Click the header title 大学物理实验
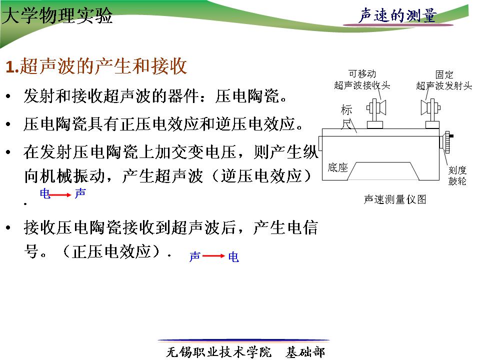click(x=57, y=15)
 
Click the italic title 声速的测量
click(x=398, y=15)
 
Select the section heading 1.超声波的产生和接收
click(x=96, y=66)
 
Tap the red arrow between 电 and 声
click(x=60, y=194)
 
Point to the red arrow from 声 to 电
click(x=213, y=256)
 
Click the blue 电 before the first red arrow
click(x=45, y=193)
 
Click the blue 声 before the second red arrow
click(x=195, y=256)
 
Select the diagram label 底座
click(x=337, y=167)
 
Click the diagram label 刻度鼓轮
click(x=457, y=175)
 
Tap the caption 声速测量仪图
click(x=395, y=199)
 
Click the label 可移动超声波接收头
click(x=362, y=79)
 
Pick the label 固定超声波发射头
click(x=444, y=80)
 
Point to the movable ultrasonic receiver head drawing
click(x=376, y=112)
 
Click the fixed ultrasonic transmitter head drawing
click(x=431, y=112)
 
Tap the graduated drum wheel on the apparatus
click(x=447, y=142)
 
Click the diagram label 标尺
click(x=346, y=117)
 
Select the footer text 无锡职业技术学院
click(x=218, y=352)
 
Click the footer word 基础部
click(x=305, y=352)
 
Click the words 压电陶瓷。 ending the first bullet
click(x=251, y=96)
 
